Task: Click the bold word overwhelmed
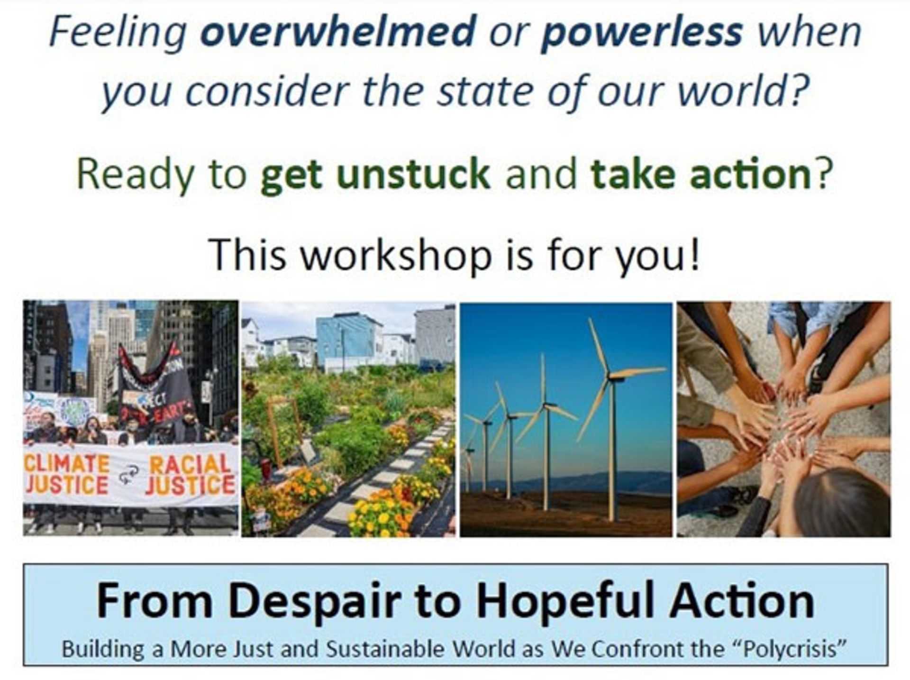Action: point(338,32)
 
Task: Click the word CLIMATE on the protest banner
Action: point(67,463)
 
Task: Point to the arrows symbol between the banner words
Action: point(129,474)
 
